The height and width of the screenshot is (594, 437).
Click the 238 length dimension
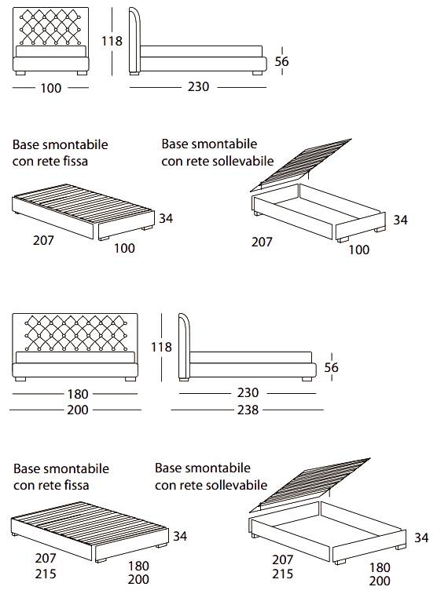(248, 410)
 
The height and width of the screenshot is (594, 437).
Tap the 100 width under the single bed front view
(51, 88)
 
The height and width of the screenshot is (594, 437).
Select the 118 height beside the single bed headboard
(112, 41)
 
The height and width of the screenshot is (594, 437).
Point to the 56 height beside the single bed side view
(282, 61)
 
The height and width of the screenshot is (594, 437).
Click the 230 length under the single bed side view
(198, 87)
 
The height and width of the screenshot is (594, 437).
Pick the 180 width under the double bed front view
(78, 394)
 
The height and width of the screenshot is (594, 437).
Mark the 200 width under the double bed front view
(78, 410)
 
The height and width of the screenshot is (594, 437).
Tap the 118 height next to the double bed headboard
(162, 347)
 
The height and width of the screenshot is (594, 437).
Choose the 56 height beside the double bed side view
(331, 367)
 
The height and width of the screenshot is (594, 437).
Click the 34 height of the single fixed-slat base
(166, 218)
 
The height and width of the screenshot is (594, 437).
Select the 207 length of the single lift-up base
(262, 242)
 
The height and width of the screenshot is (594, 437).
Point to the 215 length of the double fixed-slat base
(46, 574)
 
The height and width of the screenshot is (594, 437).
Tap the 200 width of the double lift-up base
(380, 581)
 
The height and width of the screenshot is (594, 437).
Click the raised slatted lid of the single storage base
(301, 165)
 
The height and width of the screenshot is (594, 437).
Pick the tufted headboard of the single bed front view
(51, 27)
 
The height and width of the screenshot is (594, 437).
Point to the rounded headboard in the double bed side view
(184, 346)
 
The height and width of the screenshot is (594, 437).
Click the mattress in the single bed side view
(201, 52)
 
